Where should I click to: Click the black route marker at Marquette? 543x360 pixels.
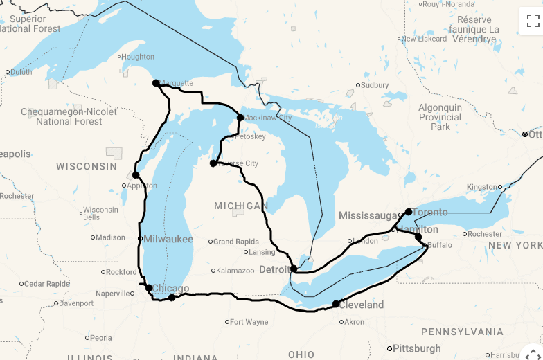coord(156,83)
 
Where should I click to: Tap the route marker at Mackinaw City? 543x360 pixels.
coord(240,118)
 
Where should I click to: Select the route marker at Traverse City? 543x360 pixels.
coord(213,163)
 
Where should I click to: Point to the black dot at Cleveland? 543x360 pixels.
coord(336,304)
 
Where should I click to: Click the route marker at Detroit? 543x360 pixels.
coord(294,269)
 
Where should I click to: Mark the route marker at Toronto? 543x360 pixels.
coord(409,212)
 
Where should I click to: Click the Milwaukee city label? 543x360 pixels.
coord(168,239)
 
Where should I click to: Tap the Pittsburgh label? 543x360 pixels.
coord(418,348)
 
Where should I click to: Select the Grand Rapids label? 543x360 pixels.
coord(235,242)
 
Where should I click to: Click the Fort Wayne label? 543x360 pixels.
coord(249,322)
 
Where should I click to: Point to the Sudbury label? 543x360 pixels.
coord(375,85)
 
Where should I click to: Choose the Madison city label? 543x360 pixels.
coord(111,237)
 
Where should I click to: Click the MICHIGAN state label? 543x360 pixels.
coord(240,206)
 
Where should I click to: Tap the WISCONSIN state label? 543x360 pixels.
coord(87,166)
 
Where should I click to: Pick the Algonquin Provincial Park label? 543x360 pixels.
coord(440,117)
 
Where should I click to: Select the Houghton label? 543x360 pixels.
coord(139,57)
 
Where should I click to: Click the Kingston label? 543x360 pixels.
coord(482,187)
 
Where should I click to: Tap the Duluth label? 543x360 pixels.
coord(21,72)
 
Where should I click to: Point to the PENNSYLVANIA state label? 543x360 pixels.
coord(462,332)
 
